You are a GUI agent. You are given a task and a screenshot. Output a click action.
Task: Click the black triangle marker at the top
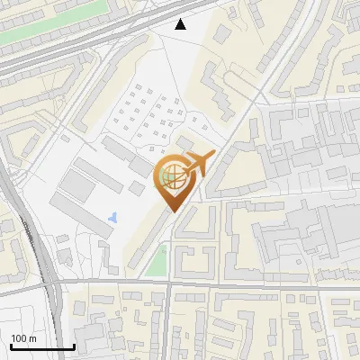tap(181, 24)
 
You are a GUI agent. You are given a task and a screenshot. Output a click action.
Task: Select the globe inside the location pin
tap(173, 176)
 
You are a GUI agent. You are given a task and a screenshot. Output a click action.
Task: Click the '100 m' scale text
tap(23, 338)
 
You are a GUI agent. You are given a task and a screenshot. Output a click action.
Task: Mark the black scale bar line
tap(41, 346)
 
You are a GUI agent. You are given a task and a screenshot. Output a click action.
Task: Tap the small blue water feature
tap(112, 217)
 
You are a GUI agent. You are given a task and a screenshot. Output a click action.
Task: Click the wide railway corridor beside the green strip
tap(54, 49)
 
